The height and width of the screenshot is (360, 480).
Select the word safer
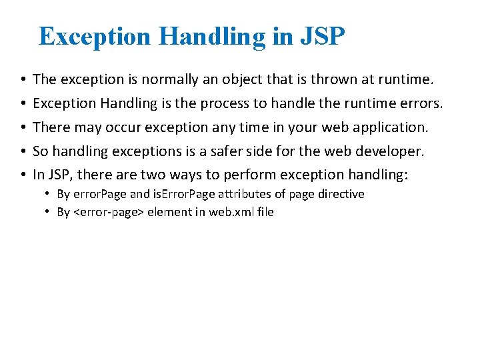tap(225, 151)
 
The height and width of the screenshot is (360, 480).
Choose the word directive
tap(340, 194)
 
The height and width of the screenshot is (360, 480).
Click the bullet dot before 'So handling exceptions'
tap(23, 151)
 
